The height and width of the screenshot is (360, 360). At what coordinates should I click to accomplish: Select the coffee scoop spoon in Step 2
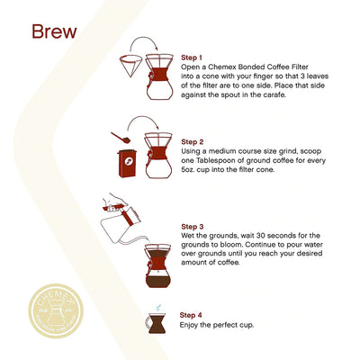(x=118, y=139)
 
